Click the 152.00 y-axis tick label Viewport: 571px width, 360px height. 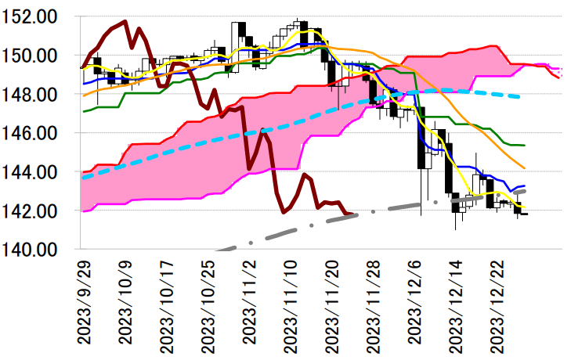coord(35,16)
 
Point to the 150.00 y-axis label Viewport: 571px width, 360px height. coord(35,56)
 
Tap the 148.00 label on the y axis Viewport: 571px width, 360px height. coord(35,95)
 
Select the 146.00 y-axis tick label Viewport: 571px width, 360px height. coord(35,133)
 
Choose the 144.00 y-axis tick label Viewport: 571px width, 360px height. coord(35,171)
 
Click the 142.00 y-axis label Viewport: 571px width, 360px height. coord(35,211)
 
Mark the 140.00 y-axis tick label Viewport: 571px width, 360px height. coord(35,249)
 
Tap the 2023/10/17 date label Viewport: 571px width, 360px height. coord(167,301)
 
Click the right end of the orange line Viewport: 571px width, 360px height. coord(525,167)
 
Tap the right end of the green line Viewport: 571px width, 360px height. coord(525,145)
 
